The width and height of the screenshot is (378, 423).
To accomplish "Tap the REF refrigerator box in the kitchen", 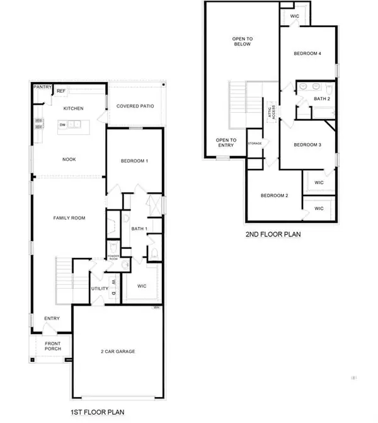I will click(x=61, y=91).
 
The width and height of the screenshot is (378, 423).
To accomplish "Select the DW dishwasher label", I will click(x=63, y=125).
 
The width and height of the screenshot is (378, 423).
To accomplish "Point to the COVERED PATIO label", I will click(x=135, y=106).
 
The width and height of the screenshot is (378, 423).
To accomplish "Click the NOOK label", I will click(x=69, y=159).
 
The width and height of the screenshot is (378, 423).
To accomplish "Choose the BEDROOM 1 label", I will click(x=134, y=161).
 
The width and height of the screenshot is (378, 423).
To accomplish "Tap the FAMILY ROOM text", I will click(x=68, y=218).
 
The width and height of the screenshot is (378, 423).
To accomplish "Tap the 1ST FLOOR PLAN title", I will click(x=98, y=412).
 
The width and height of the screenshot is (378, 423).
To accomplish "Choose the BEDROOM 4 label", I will click(x=308, y=54).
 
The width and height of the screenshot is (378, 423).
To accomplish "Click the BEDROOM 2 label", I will click(x=275, y=195).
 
